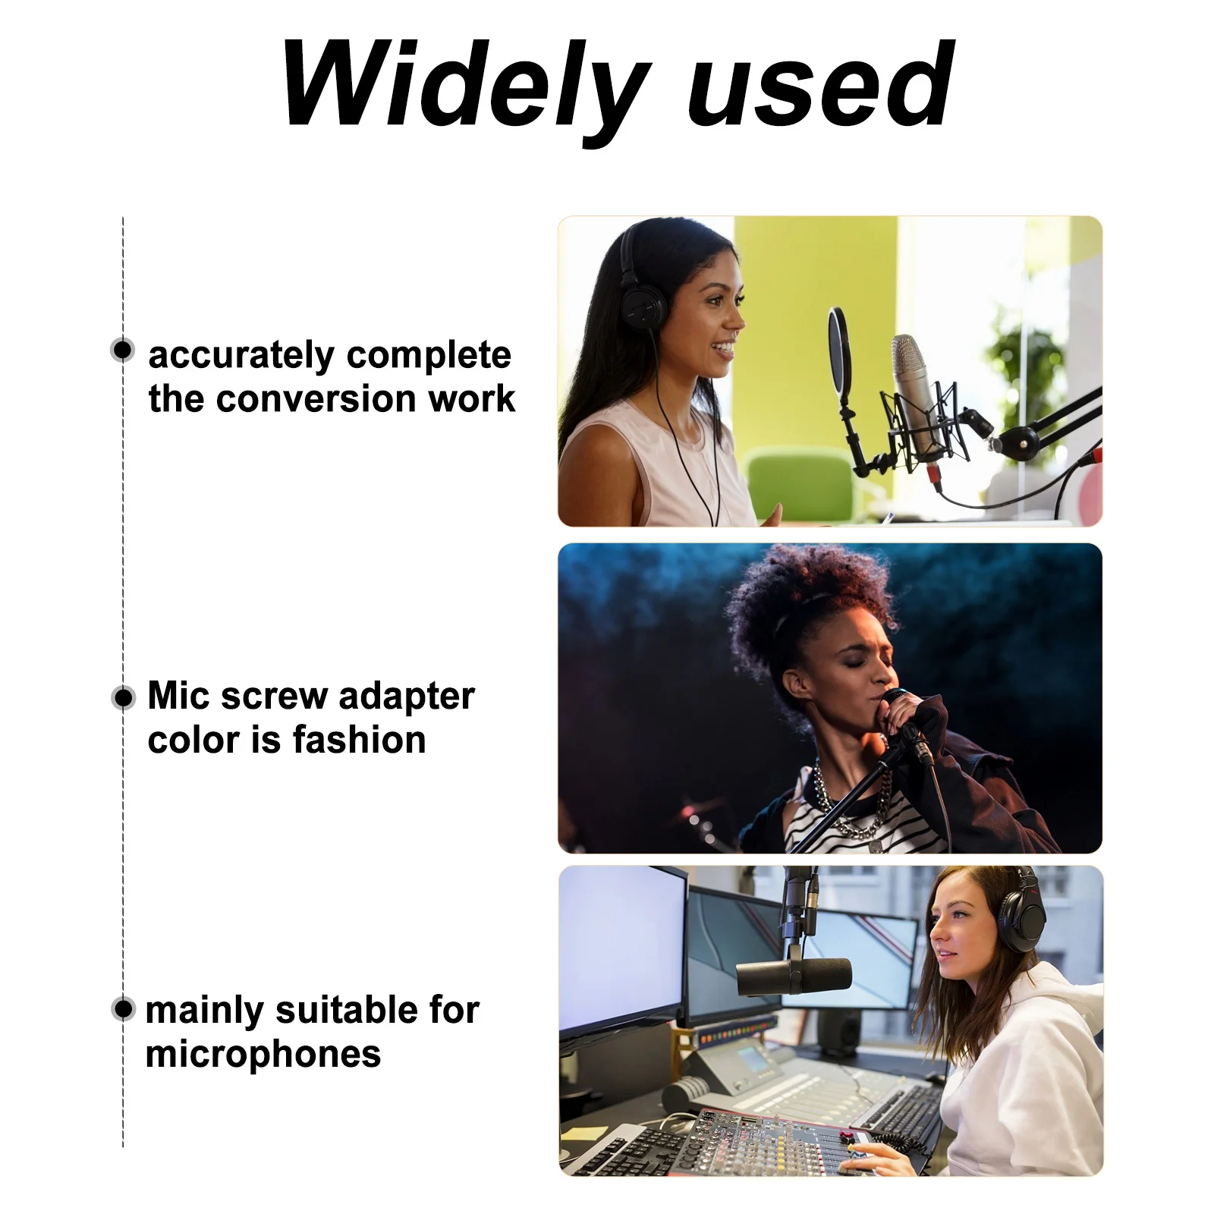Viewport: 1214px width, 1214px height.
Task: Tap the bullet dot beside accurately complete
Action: click(122, 350)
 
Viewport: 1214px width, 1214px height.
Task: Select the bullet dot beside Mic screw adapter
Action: click(123, 697)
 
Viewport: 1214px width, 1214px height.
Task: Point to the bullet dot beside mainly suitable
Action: click(123, 1009)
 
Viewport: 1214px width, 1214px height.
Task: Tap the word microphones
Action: click(263, 1055)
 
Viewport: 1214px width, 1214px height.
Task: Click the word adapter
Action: click(407, 697)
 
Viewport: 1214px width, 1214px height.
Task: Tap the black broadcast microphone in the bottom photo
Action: click(793, 976)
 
